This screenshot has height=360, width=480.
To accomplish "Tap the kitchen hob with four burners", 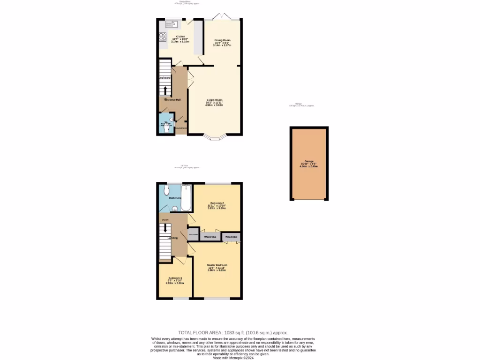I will tap(163, 37).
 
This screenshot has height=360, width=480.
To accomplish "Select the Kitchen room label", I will tap(180, 37).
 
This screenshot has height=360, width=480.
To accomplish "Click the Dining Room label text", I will tap(222, 40).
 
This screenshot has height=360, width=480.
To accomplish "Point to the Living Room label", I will tap(215, 100).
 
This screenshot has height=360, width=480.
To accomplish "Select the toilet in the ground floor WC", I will tap(167, 127).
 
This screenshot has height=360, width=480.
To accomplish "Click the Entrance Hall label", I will tap(172, 100).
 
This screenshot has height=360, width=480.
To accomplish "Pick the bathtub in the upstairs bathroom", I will tap(186, 199).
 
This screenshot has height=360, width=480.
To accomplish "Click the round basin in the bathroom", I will tap(175, 209).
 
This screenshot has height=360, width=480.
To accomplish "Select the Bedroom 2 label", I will tap(217, 203).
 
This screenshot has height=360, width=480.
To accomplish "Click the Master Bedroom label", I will tap(217, 265).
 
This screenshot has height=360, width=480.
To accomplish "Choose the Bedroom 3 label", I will tap(175, 278).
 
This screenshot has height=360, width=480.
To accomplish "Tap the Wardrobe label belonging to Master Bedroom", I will tap(232, 237).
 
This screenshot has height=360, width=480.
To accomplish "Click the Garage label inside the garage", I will tap(308, 161).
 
